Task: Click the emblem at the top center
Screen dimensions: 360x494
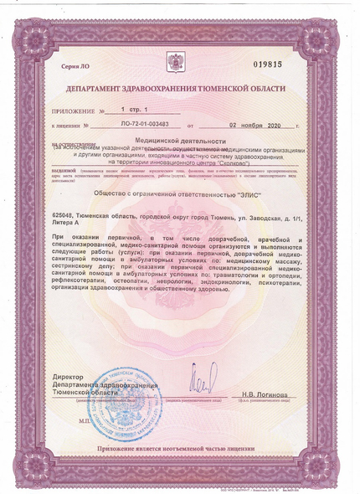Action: [x=178, y=60]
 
